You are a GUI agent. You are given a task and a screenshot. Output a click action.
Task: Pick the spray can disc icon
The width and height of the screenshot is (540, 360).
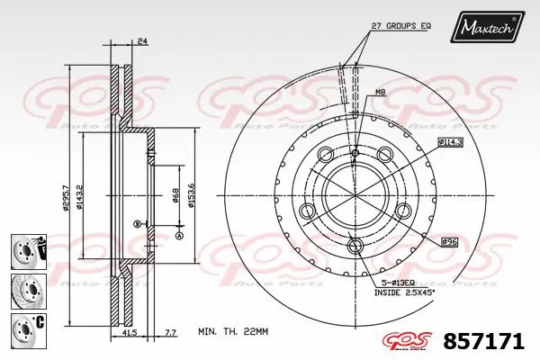(x=24, y=249)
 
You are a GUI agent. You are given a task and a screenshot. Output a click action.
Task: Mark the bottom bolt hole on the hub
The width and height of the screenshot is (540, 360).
(x=355, y=244)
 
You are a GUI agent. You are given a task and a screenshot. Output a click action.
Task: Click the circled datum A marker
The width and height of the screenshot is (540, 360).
(x=178, y=236)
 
